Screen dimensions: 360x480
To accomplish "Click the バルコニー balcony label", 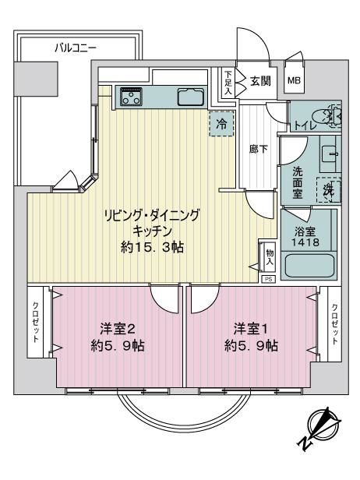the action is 76,48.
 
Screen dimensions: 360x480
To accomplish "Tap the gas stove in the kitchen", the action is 132,97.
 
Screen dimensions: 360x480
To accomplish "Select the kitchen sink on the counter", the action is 191,97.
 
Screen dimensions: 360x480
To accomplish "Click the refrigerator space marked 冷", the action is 221,125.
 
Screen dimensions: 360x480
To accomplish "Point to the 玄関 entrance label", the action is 260,81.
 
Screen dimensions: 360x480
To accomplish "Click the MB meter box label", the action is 295,80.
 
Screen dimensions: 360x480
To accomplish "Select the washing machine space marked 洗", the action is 329,190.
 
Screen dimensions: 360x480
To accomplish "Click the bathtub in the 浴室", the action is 309,266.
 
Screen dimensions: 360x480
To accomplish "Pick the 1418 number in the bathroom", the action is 305,242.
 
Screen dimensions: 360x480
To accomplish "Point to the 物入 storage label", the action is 270,257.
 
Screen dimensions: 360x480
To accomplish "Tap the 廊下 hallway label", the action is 259,150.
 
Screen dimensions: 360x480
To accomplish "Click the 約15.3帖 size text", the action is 152,247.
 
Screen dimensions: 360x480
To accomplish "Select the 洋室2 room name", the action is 118,330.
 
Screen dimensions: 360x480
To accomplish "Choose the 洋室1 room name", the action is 251,330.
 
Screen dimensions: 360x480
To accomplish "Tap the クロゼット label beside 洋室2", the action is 36,322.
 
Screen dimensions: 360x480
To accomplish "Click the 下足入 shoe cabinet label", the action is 228,83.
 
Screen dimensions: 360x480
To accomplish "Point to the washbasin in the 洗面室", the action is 330,154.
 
